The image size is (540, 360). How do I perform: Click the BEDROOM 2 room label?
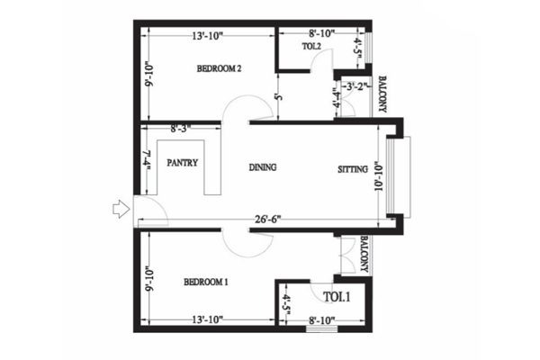click(219, 68)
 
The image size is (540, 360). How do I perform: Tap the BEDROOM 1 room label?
click(206, 282)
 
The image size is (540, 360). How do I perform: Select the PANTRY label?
click(182, 163)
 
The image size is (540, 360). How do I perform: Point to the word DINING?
click(263, 167)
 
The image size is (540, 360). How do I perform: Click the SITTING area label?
click(353, 169)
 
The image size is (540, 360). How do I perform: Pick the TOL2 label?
click(311, 46)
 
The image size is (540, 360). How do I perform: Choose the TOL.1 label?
click(337, 297)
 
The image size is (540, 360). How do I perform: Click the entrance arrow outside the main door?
click(121, 209)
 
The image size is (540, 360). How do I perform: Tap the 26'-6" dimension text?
click(268, 219)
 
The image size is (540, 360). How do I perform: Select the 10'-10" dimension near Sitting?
click(379, 175)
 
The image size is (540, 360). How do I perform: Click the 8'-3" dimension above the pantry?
click(181, 129)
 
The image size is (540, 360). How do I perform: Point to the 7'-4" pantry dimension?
click(148, 160)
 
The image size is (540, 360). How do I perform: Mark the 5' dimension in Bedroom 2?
click(279, 97)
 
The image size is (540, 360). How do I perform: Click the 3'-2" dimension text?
click(355, 86)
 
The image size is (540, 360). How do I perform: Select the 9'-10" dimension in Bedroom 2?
click(148, 75)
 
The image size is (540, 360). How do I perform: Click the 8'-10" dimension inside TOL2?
click(322, 33)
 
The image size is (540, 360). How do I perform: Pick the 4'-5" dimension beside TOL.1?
click(287, 304)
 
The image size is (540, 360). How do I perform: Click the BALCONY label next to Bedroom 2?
click(382, 94)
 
